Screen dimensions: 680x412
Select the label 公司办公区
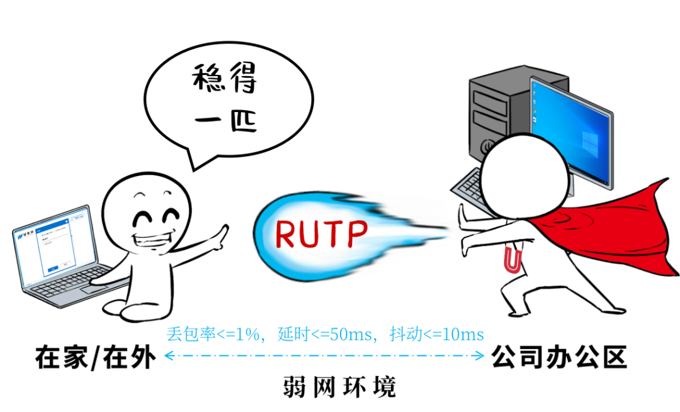559,357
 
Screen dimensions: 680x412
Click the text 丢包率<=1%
213,334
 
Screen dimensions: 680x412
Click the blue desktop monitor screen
570,132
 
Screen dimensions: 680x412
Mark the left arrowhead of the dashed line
167,357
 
